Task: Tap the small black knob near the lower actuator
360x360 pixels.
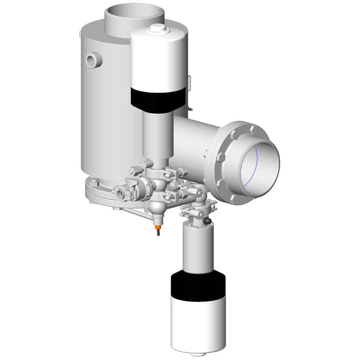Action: (209, 221)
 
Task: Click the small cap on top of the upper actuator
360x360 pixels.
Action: (157, 28)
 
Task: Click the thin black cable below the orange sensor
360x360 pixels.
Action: (157, 234)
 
